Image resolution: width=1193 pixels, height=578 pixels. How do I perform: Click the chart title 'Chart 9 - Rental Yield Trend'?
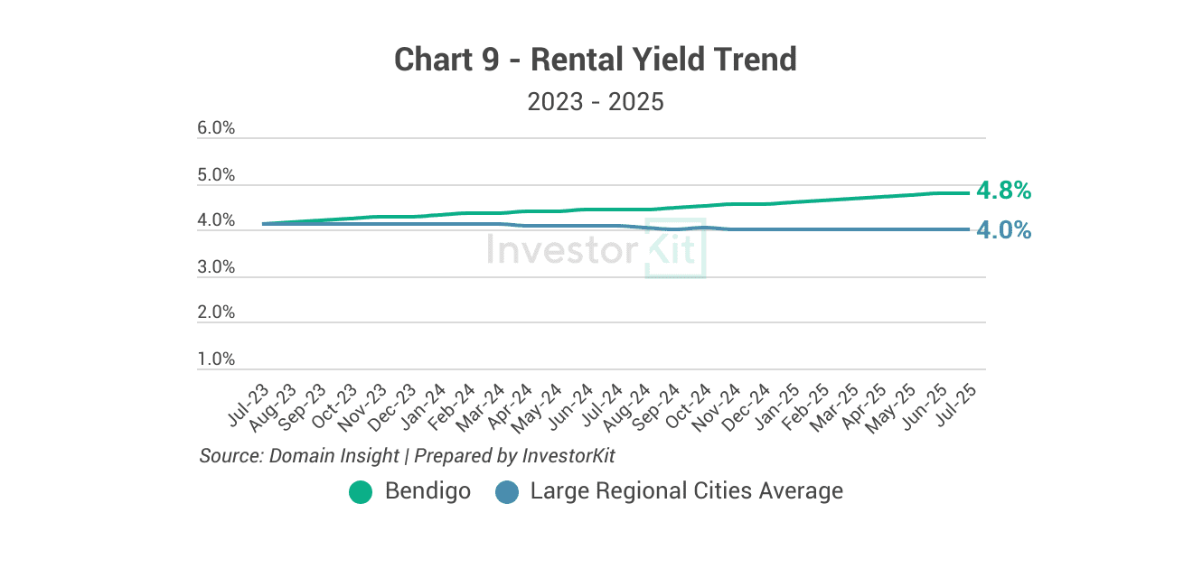[596, 60]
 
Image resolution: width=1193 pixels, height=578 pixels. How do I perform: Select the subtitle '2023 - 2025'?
[596, 101]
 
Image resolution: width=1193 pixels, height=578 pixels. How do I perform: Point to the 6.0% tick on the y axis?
[216, 128]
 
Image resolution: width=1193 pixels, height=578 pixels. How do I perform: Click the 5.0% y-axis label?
[216, 175]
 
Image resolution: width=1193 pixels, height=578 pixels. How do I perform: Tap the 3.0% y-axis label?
[216, 267]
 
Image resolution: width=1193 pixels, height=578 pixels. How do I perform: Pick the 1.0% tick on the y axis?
[216, 359]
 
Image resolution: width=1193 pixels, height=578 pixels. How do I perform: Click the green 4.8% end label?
[1003, 191]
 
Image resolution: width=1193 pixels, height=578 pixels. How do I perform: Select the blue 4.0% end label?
[1003, 230]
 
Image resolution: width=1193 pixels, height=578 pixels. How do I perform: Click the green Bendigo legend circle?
[361, 492]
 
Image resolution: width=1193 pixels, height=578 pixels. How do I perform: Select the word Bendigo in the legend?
[427, 491]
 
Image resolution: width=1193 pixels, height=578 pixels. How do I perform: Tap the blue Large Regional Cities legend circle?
[507, 492]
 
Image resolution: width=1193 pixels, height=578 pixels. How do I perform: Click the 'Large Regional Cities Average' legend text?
[686, 491]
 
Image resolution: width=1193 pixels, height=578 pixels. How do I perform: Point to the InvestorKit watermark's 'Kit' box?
[674, 248]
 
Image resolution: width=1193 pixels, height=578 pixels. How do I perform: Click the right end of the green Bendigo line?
[968, 192]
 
